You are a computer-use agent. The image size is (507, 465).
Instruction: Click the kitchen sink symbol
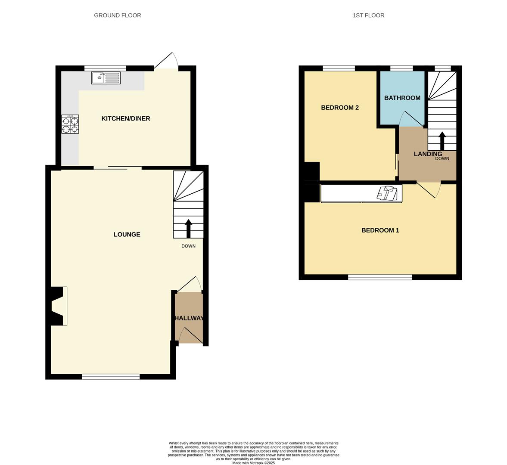tap(106, 78)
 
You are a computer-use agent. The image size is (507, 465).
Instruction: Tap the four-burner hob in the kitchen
tap(70, 124)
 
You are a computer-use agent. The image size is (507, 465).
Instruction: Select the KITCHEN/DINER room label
tap(126, 118)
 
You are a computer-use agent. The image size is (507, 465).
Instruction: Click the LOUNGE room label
tap(127, 235)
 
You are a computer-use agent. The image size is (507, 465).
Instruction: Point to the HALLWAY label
tap(189, 318)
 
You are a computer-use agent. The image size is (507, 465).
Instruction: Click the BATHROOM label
tap(402, 98)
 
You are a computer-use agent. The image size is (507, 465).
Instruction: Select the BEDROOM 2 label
tap(340, 108)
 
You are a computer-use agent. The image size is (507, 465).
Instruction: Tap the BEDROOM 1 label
tap(380, 230)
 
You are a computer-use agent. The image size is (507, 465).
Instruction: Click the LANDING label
tap(428, 154)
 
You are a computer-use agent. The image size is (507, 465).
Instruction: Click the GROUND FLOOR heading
tap(118, 15)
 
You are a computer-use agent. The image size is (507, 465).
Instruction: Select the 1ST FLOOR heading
tap(368, 15)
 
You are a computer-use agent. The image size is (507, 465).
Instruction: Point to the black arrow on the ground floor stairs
tap(188, 228)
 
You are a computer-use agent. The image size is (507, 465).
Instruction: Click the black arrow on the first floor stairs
tap(442, 140)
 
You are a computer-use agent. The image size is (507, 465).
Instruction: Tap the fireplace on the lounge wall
tap(59, 306)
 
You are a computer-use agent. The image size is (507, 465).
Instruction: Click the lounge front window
tap(111, 377)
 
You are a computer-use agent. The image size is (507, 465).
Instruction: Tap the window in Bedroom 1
tap(380, 277)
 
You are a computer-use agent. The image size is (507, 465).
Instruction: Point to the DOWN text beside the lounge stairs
tap(188, 246)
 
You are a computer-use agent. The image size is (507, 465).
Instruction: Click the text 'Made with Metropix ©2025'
tap(253, 463)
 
